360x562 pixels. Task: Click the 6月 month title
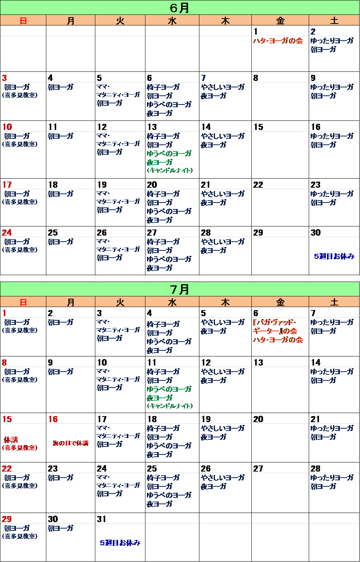pos(180,8)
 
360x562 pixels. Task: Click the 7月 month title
pos(180,290)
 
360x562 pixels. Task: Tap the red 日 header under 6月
pos(23,21)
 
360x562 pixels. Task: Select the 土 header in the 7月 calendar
pos(334,302)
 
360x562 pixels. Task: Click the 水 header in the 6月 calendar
pos(172,21)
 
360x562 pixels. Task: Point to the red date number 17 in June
pos(7,185)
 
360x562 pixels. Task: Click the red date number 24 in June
pos(7,233)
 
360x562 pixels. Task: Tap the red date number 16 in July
pos(53,419)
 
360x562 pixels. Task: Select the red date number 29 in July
pos(7,519)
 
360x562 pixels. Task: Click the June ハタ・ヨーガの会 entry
pos(278,41)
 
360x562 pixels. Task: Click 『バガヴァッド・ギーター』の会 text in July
pos(275,327)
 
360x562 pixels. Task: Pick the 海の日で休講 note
pos(71,443)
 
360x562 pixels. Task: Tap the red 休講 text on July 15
pos(11,440)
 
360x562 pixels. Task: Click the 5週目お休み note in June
pos(334,256)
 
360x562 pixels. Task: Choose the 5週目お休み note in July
pos(120,543)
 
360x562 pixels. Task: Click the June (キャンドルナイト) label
pos(170,171)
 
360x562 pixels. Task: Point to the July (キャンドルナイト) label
pos(170,406)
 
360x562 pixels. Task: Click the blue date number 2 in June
pos(313,32)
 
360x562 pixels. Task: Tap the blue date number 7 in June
pos(203,78)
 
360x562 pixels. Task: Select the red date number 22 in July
pos(7,469)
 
